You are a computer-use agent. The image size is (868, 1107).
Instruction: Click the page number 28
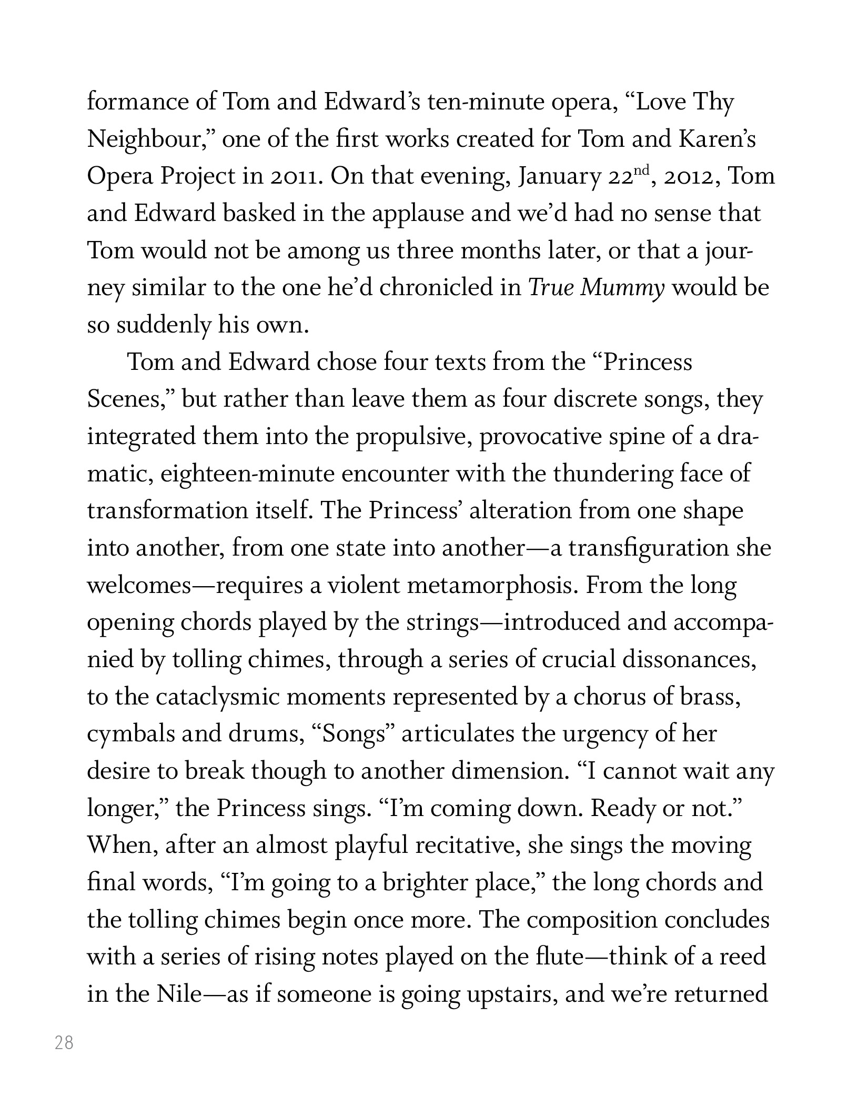coord(64,1042)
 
